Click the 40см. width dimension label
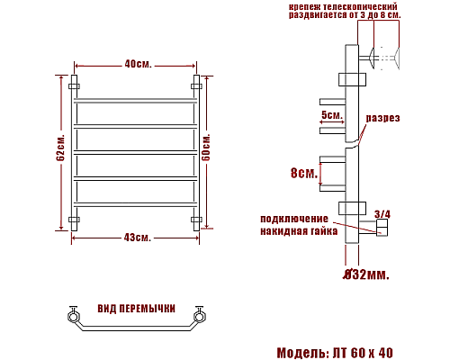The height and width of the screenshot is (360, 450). [138, 65]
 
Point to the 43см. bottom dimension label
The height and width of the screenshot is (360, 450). [138, 238]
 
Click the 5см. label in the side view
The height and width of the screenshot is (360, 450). [330, 115]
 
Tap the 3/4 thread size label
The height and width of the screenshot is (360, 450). [382, 213]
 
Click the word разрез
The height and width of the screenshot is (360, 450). [382, 119]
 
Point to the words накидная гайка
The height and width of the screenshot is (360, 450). [299, 231]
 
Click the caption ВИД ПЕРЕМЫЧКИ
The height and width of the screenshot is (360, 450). [136, 309]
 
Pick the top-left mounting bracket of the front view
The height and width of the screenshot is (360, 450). [74, 87]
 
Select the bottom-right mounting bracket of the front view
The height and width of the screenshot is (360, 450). [196, 219]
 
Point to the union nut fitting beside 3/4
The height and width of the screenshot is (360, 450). [382, 230]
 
